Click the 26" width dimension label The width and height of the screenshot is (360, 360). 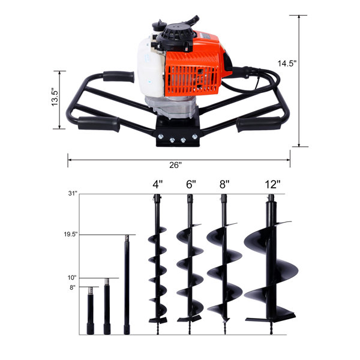[x=175, y=165]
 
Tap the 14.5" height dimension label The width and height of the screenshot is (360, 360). [x=287, y=64]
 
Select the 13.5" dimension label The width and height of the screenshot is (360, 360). [x=55, y=97]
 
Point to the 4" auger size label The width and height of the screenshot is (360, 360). [x=157, y=184]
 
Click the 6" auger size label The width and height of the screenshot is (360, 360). [x=191, y=184]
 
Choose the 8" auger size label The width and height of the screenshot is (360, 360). [x=224, y=184]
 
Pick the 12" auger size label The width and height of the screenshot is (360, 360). [x=273, y=184]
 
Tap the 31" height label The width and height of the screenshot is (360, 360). [x=73, y=194]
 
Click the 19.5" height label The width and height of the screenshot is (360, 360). [x=71, y=235]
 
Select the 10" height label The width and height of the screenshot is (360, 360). [x=71, y=278]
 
